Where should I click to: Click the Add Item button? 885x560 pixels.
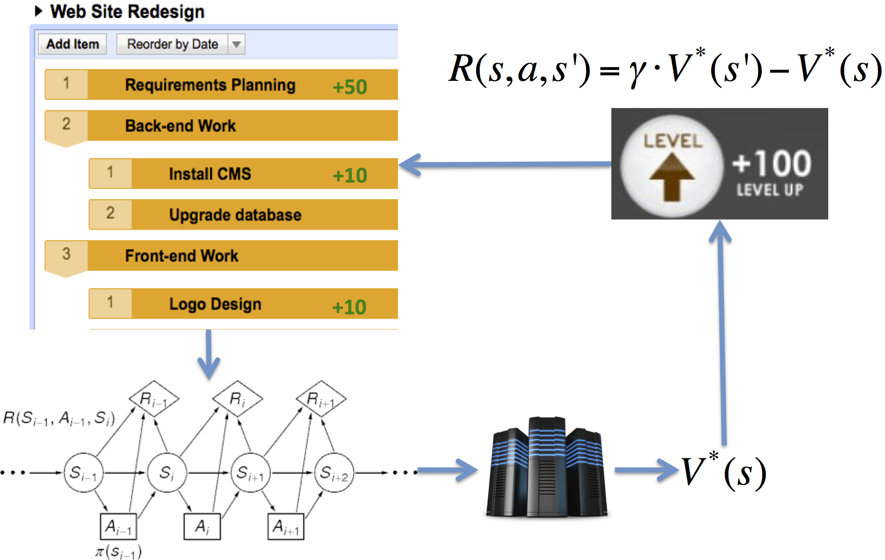click(x=72, y=44)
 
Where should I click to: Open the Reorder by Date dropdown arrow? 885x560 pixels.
click(x=236, y=45)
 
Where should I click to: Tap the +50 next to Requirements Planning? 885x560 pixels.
click(x=349, y=87)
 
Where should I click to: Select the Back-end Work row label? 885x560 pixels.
click(x=180, y=126)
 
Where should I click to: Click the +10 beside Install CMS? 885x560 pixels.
click(x=349, y=175)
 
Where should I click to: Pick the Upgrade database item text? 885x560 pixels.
click(x=235, y=215)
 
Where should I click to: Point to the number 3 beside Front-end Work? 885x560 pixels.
click(x=66, y=254)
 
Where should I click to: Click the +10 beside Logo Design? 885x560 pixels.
click(x=349, y=307)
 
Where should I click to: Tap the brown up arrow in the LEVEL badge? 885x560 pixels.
click(x=672, y=177)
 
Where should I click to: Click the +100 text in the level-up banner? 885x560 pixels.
click(x=772, y=164)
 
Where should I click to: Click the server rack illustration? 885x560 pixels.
click(x=547, y=468)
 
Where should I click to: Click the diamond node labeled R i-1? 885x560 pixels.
click(x=154, y=399)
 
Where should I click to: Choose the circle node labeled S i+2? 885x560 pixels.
click(x=334, y=473)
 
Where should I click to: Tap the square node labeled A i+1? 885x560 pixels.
click(x=285, y=526)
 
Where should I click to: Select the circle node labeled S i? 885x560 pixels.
click(x=167, y=473)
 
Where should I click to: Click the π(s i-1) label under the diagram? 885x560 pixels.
click(x=118, y=552)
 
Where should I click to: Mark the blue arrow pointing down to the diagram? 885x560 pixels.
click(x=209, y=354)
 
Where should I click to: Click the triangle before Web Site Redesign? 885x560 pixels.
click(x=39, y=11)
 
